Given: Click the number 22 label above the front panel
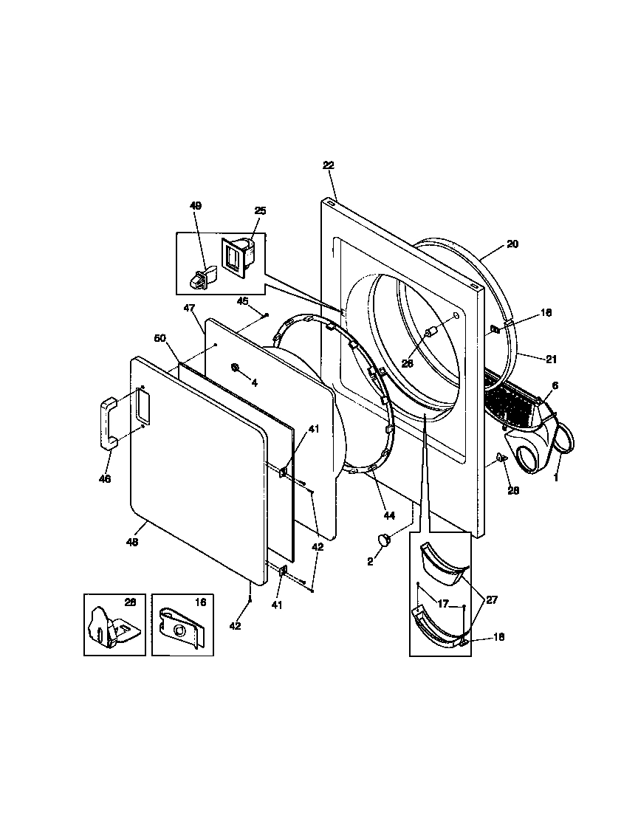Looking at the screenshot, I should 329,165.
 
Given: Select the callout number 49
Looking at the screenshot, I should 196,206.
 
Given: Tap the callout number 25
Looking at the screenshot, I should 260,211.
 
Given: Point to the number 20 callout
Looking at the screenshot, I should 513,244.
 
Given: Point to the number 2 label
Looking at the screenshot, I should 371,561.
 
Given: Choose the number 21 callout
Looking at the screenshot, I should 551,360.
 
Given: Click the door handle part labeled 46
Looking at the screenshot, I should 107,422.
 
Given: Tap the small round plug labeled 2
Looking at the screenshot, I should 385,541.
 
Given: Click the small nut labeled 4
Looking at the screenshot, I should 234,367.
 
